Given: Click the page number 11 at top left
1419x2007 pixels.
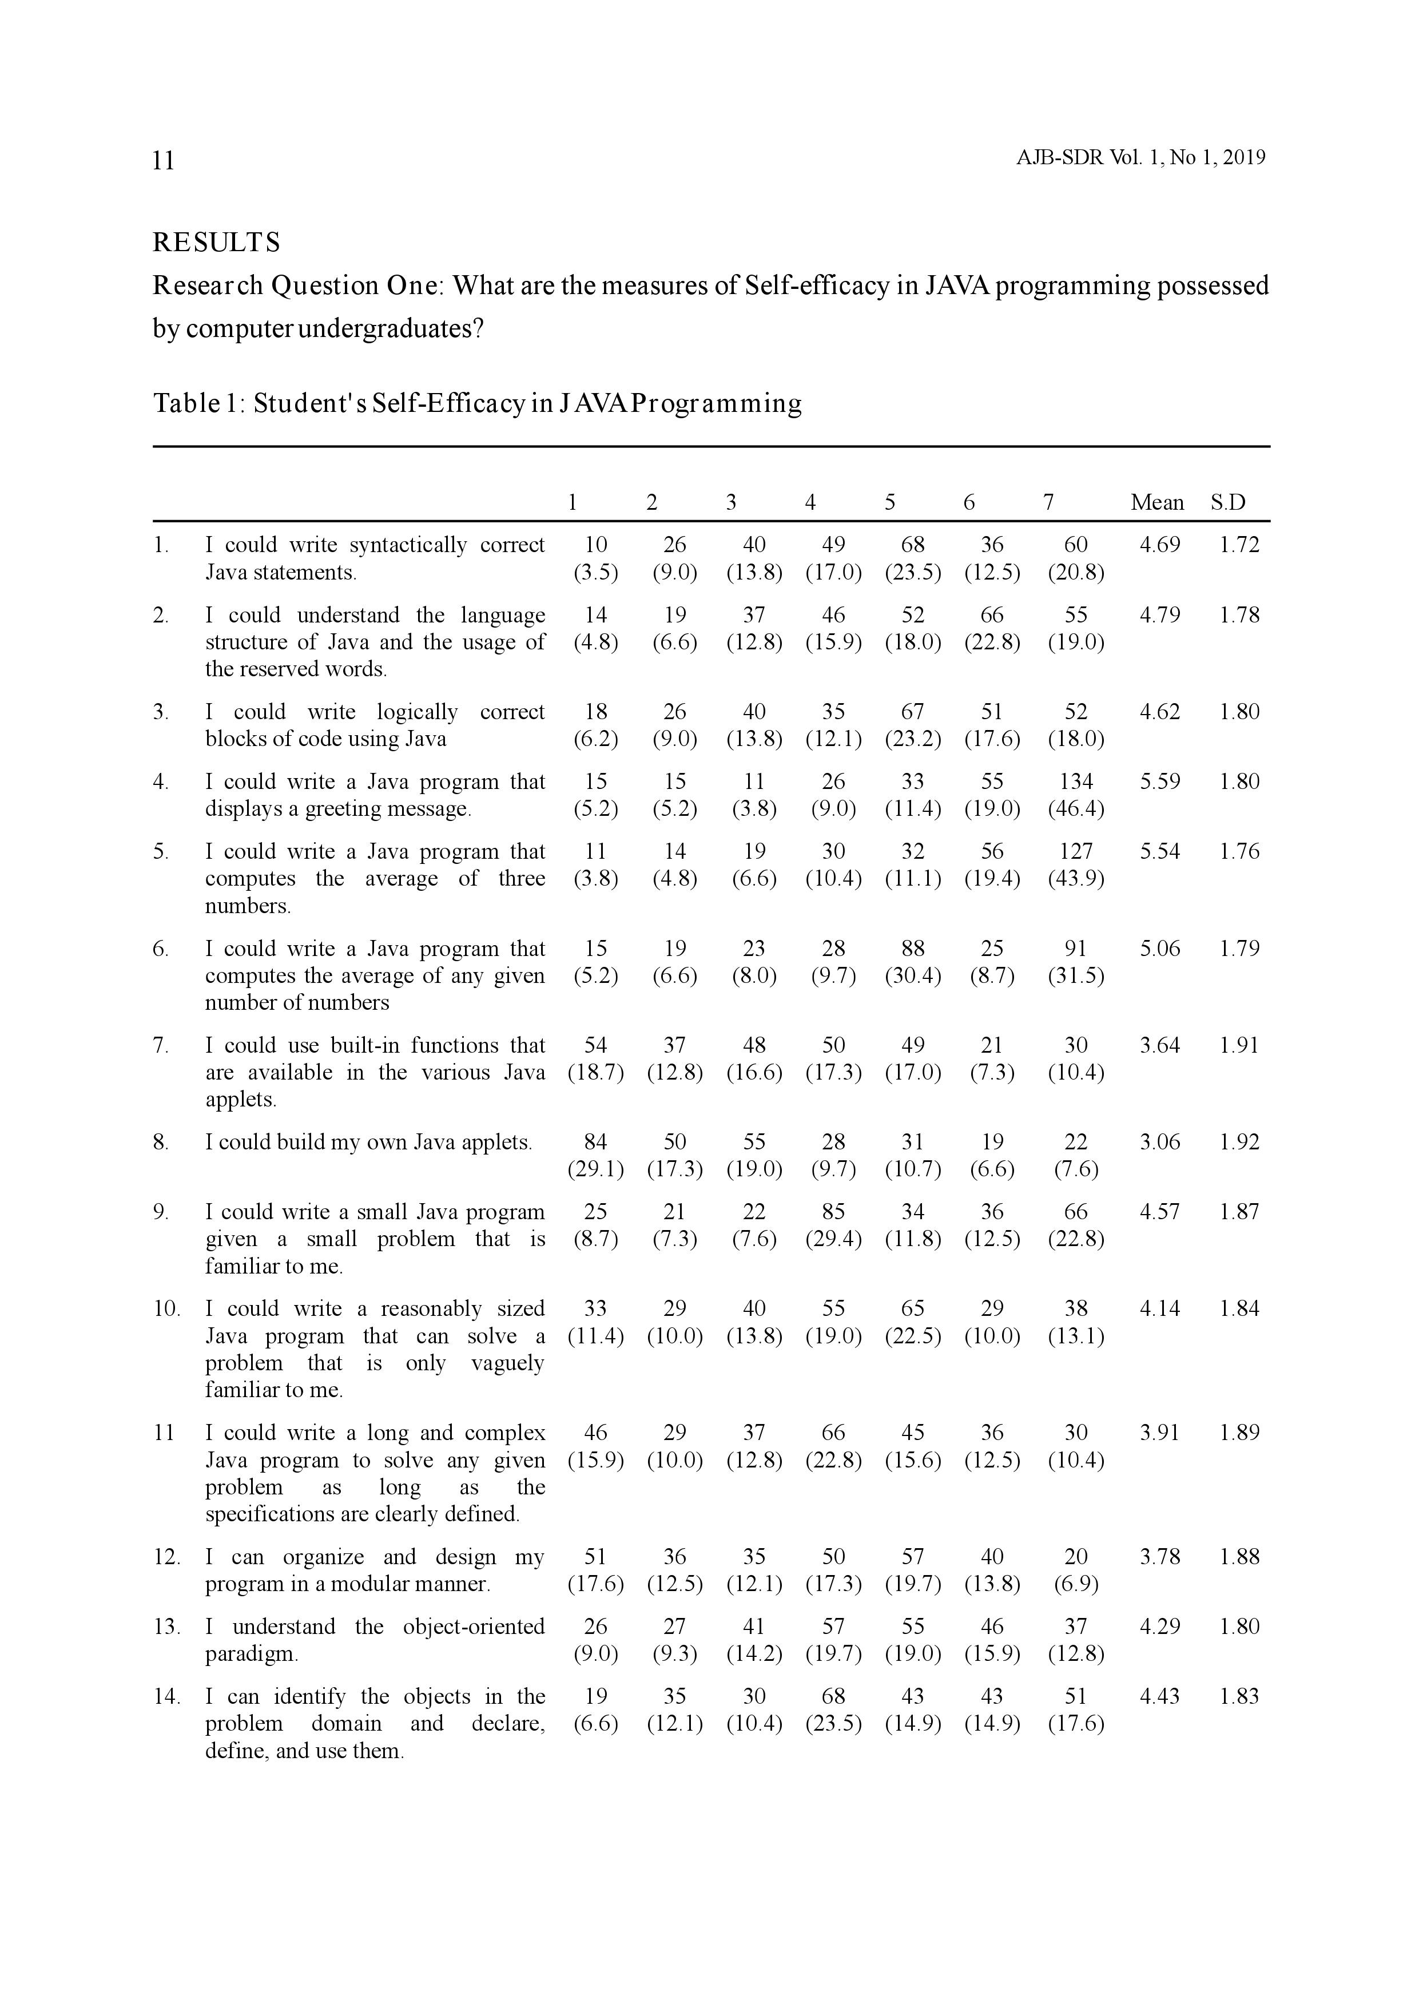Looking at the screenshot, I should (164, 161).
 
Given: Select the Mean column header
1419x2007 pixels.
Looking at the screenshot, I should (1157, 503).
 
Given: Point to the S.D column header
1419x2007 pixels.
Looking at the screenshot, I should (1227, 503).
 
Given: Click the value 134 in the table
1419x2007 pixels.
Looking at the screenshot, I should (1076, 782).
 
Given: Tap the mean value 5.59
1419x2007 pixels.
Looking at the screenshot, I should (1159, 782).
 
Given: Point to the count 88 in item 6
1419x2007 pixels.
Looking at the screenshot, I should (912, 949).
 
